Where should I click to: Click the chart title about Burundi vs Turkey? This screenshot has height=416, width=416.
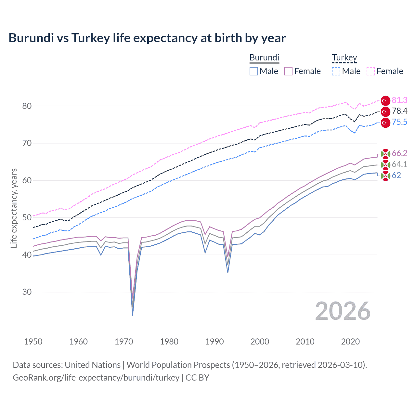tap(147, 38)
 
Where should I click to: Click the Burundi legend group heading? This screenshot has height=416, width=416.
tap(264, 58)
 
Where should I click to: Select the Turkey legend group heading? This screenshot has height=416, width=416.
tap(344, 58)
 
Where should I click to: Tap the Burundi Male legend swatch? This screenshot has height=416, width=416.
tap(254, 71)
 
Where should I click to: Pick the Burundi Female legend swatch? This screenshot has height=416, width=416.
tap(288, 71)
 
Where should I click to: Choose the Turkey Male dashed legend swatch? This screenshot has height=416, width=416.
tap(336, 71)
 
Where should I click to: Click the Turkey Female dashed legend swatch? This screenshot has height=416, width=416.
tap(371, 71)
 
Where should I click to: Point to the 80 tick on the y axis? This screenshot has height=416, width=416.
tap(27, 106)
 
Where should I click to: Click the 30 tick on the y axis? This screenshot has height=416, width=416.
tap(27, 292)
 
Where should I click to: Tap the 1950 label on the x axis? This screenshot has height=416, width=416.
tap(33, 342)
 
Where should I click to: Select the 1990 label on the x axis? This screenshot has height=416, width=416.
tap(214, 342)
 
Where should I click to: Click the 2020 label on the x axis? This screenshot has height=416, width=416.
tap(350, 342)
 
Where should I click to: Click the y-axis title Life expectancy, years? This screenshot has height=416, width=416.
tap(14, 208)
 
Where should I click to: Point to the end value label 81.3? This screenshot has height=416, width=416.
tap(399, 100)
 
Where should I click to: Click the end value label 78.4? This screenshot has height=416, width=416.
tap(399, 111)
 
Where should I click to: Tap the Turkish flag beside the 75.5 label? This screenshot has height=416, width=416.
tap(385, 123)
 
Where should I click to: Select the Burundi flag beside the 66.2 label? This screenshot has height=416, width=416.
tap(385, 154)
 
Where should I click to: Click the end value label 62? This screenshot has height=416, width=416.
tap(396, 175)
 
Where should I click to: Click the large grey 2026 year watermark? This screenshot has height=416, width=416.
tap(343, 311)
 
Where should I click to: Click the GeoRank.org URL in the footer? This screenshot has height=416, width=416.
tap(96, 378)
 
